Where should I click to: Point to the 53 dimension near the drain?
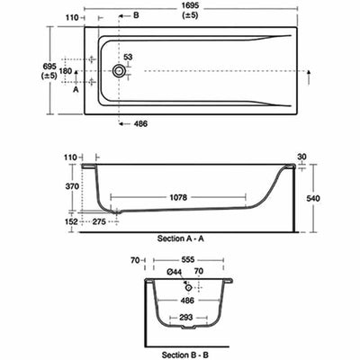pyautogui.click(x=127, y=57)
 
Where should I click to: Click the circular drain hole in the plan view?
pyautogui.click(x=119, y=69)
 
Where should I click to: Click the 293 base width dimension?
pyautogui.click(x=186, y=318)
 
